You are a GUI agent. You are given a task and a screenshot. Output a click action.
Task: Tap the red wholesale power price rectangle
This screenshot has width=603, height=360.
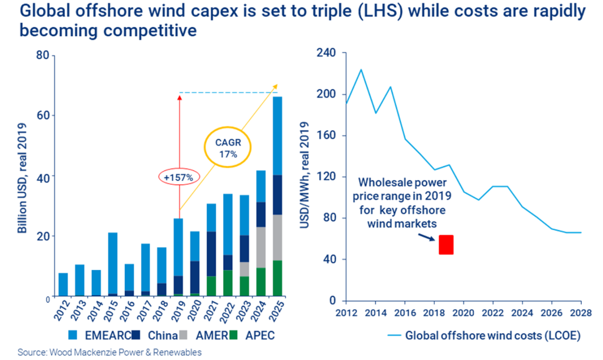[x=446, y=245]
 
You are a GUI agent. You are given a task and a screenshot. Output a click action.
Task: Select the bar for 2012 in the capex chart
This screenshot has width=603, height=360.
[x=63, y=285]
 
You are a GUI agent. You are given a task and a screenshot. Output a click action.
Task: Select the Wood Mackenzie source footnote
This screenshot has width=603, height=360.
[x=109, y=352]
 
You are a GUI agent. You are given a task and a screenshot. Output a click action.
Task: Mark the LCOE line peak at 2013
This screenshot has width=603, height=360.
[x=360, y=69]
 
